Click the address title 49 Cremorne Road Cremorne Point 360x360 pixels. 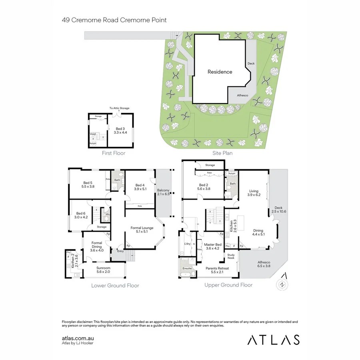114,20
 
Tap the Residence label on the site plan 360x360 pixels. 220,72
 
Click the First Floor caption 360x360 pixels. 114,153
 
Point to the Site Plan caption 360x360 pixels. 222,153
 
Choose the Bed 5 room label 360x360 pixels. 87,184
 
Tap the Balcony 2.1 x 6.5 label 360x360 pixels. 163,192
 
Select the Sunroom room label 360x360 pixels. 104,270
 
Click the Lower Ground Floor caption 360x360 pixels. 115,286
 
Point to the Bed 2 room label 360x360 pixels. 204,186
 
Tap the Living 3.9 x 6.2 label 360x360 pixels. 254,193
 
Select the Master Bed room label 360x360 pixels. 212,246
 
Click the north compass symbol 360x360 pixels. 283,284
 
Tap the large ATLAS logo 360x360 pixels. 273,340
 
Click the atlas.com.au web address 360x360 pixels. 78,338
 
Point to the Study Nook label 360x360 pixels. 231,256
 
